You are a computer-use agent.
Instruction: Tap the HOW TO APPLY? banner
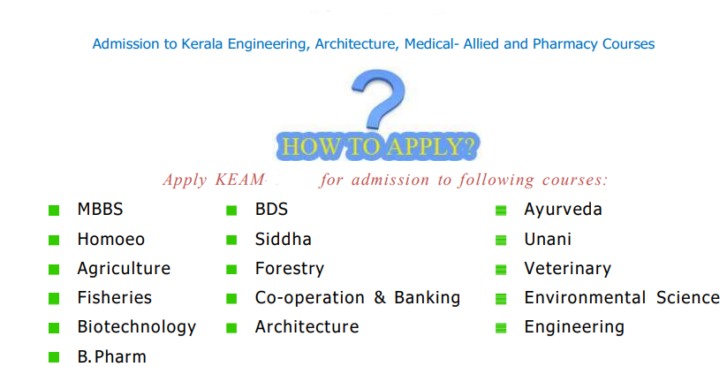click(x=378, y=147)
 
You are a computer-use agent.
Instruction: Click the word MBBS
click(x=100, y=210)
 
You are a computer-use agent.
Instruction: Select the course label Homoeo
click(x=110, y=240)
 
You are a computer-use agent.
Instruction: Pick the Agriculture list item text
click(x=124, y=269)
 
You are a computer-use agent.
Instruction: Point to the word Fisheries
click(x=115, y=298)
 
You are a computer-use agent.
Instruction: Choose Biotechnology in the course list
click(x=137, y=327)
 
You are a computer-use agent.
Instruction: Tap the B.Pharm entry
click(x=111, y=356)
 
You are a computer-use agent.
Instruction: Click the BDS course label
click(x=271, y=210)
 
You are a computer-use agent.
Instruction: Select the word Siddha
click(x=283, y=240)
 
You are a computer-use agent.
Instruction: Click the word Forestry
click(x=290, y=269)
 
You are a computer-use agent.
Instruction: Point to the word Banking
click(x=427, y=298)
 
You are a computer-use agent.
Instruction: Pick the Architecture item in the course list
click(x=307, y=327)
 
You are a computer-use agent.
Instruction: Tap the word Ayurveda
click(x=563, y=210)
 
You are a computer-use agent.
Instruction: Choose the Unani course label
click(x=548, y=240)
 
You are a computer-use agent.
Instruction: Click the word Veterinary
click(x=567, y=269)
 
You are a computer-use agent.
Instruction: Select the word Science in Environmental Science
click(x=688, y=298)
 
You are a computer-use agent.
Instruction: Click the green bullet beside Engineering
click(x=501, y=328)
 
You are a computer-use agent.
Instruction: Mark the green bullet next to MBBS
click(x=54, y=210)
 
